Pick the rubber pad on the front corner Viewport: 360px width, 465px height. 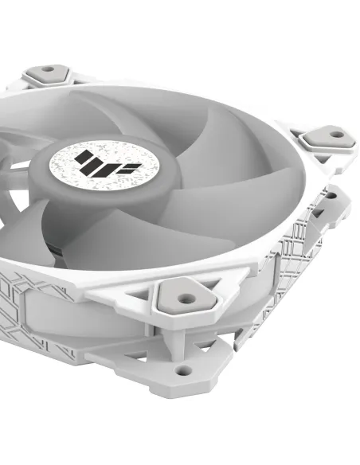click(185, 297)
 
